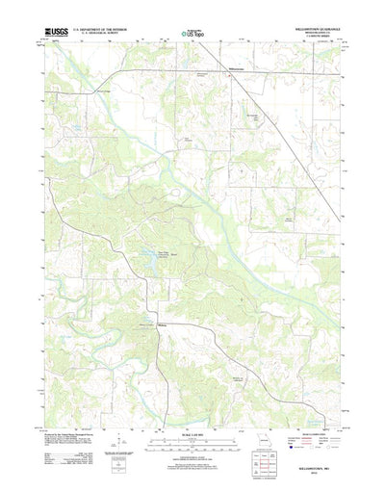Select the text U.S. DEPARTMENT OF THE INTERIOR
(x=114, y=30)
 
